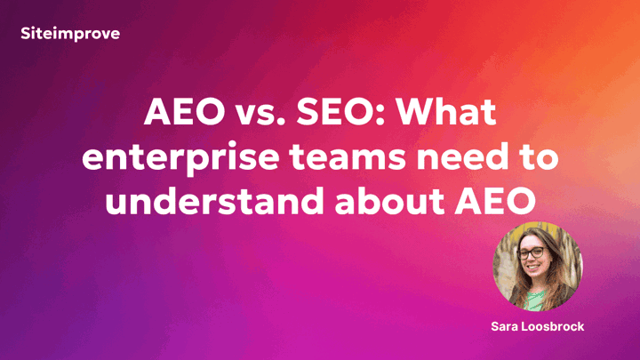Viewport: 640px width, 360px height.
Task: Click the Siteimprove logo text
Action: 70,34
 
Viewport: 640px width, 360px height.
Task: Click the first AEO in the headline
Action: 185,112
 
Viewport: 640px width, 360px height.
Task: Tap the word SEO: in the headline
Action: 340,112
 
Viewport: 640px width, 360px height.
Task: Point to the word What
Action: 446,112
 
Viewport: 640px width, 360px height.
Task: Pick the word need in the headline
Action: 463,156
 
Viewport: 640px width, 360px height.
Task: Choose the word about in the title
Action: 389,201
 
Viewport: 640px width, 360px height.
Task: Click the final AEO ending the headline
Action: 495,202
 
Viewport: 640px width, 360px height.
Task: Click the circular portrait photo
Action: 538,267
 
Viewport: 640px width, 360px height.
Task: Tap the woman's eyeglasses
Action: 532,253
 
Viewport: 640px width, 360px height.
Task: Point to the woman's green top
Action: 534,300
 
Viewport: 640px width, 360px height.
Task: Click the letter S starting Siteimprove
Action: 26,34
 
